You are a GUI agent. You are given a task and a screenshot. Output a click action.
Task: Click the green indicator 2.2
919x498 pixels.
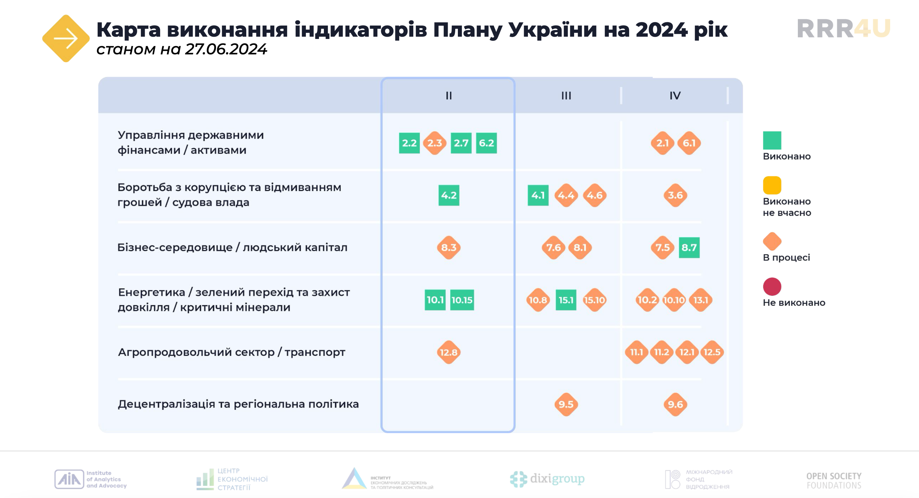(409, 143)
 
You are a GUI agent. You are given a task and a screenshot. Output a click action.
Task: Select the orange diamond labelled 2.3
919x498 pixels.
(435, 143)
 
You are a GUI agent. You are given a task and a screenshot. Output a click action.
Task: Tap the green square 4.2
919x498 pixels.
(449, 195)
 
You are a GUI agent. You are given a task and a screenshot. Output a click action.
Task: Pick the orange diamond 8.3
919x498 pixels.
(449, 247)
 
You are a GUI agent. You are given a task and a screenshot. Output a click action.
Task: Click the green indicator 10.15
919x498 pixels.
(462, 300)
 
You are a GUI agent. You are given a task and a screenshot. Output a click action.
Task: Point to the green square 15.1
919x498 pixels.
(566, 300)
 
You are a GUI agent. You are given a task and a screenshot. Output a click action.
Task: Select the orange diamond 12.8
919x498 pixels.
(449, 352)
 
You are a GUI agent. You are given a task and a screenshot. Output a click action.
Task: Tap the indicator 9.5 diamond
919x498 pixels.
(566, 405)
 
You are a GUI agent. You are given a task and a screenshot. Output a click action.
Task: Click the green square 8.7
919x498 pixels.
(689, 247)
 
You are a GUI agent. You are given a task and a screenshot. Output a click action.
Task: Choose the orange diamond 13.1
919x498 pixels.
(701, 300)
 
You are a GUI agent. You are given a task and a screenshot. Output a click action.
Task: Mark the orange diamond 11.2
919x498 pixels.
(662, 352)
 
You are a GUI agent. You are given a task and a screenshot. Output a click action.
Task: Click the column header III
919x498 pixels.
(566, 96)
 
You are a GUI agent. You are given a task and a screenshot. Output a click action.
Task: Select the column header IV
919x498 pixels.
(675, 96)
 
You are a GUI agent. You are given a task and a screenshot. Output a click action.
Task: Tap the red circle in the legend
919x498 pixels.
(772, 287)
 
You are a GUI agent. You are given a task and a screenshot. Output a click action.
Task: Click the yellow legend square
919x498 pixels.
(772, 185)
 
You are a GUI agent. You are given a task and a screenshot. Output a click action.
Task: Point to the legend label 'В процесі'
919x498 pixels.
(786, 258)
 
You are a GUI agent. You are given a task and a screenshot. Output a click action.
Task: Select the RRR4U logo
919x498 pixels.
(844, 28)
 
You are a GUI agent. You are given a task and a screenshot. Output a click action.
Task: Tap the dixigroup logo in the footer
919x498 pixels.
(547, 479)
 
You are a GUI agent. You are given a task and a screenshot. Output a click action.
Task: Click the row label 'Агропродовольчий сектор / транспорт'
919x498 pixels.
(232, 352)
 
